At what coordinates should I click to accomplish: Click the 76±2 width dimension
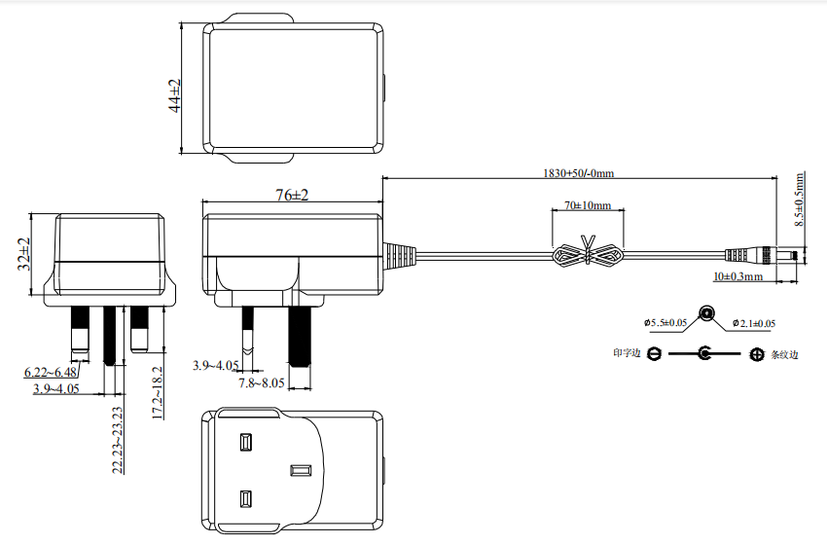[x=291, y=196]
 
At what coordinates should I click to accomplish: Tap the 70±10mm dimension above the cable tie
[x=587, y=206]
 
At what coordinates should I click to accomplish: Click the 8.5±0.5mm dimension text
[x=799, y=200]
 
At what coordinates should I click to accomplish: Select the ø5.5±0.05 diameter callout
[x=665, y=322]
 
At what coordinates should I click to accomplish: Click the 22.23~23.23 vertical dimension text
[x=117, y=440]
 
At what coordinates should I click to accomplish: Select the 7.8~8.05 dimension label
[x=262, y=383]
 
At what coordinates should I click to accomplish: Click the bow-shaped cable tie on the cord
[x=587, y=256]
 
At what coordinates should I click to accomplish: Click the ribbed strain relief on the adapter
[x=399, y=255]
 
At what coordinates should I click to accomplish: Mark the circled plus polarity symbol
[x=757, y=354]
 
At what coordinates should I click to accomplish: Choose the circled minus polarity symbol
[x=655, y=354]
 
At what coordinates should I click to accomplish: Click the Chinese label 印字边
[x=627, y=354]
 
